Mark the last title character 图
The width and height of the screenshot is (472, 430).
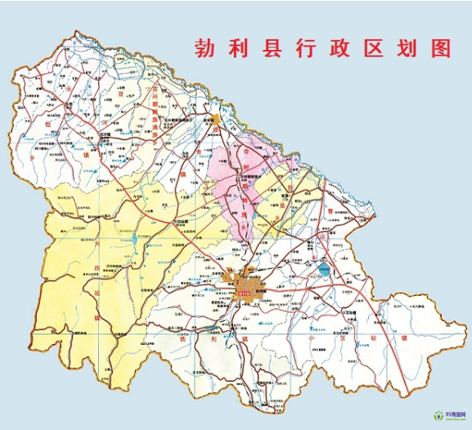click(x=443, y=47)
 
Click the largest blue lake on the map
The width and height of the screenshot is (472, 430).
click(x=325, y=269)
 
